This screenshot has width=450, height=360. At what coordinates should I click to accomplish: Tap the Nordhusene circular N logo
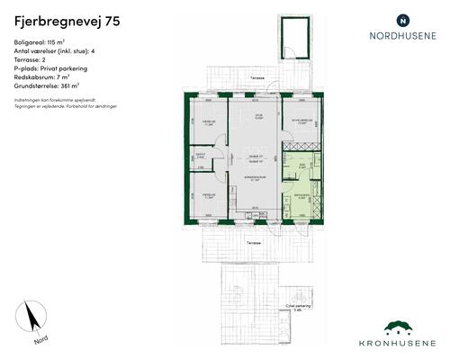tap(402, 19)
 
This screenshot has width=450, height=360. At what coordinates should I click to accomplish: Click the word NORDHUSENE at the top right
tap(402, 37)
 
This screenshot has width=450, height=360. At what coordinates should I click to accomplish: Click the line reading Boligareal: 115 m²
tap(44, 42)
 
